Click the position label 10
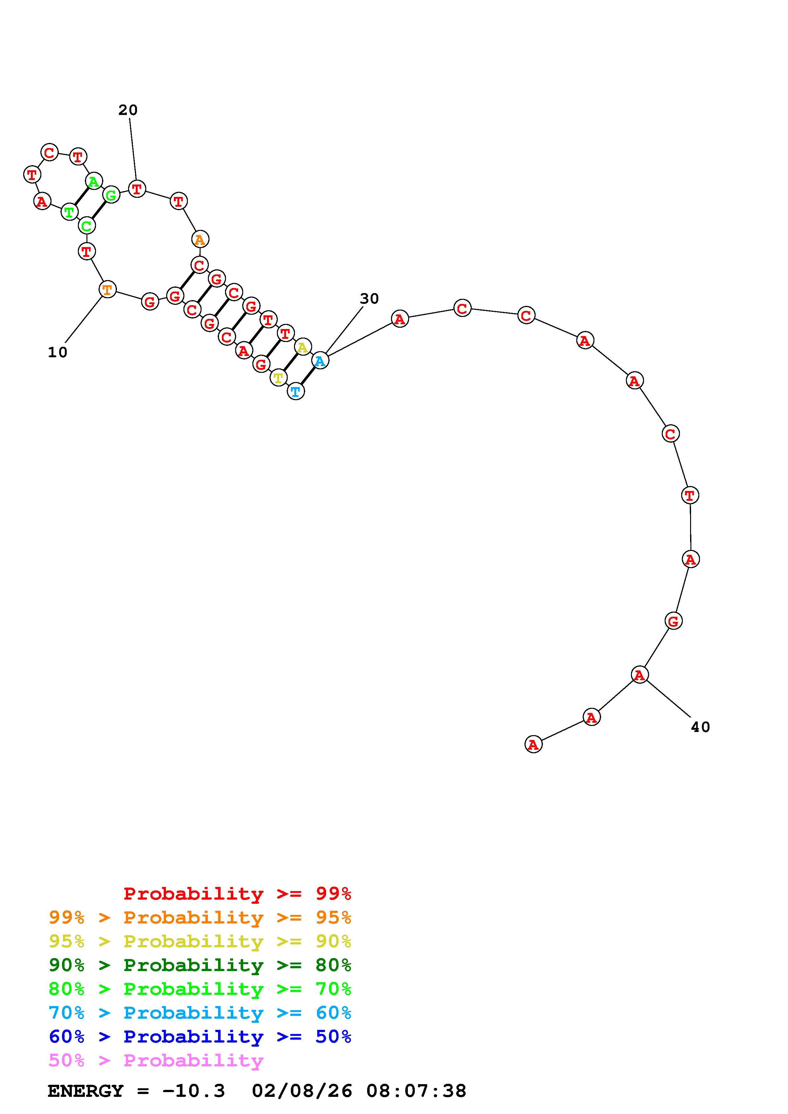(57, 353)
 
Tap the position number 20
(128, 110)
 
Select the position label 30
(369, 299)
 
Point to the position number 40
(701, 727)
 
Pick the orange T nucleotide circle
(107, 290)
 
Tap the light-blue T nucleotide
(296, 391)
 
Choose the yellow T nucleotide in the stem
(278, 378)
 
